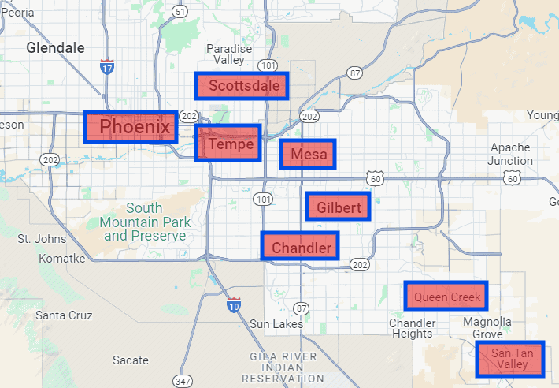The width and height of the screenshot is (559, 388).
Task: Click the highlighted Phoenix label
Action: click(x=130, y=126)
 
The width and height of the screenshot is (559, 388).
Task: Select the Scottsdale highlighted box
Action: click(x=242, y=86)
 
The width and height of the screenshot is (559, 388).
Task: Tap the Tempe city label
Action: click(x=228, y=144)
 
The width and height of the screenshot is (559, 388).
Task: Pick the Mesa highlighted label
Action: click(x=308, y=155)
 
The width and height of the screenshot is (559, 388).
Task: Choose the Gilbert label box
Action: click(x=338, y=207)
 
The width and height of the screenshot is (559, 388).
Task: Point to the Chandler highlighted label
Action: click(x=300, y=246)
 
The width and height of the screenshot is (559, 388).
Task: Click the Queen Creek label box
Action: click(x=446, y=296)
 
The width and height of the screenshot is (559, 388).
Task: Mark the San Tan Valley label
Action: click(x=511, y=359)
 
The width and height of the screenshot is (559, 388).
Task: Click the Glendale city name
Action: click(x=55, y=47)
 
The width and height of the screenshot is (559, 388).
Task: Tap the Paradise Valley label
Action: click(x=229, y=54)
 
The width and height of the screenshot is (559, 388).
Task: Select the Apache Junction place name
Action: click(x=511, y=154)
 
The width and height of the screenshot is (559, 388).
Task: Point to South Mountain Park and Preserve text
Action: click(x=145, y=222)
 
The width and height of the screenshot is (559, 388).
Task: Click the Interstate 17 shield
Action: click(x=107, y=67)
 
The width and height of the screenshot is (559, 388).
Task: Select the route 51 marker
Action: click(x=181, y=11)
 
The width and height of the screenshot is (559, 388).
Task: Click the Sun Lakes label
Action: click(x=270, y=323)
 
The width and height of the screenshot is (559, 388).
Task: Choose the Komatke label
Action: click(x=61, y=258)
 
